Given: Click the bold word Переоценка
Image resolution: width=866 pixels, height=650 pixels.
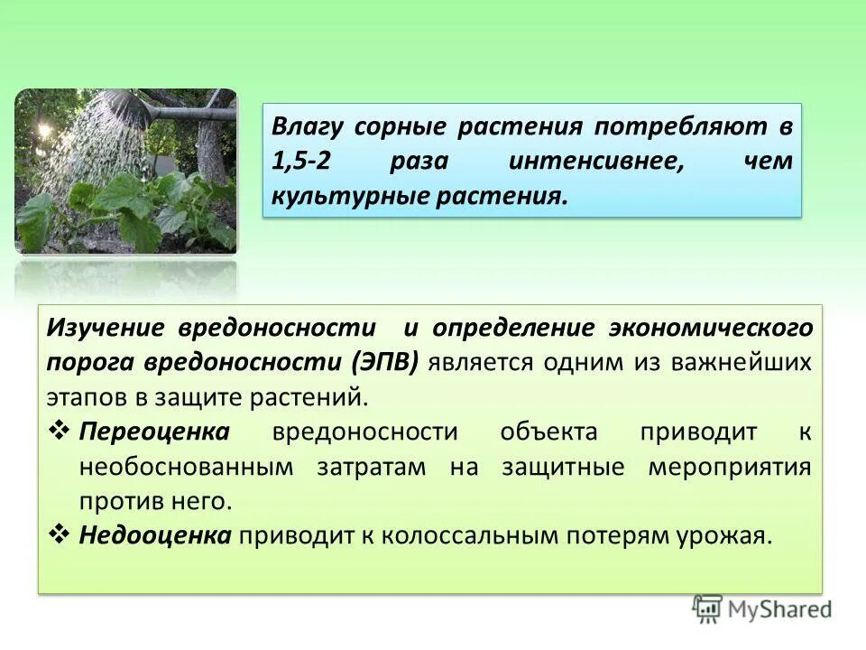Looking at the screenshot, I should (x=154, y=432).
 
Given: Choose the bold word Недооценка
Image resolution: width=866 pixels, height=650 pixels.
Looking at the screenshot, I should (x=156, y=535).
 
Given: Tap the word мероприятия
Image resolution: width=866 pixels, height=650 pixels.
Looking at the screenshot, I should (x=729, y=466).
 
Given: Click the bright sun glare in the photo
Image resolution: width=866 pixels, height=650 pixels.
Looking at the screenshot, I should (x=43, y=129).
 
